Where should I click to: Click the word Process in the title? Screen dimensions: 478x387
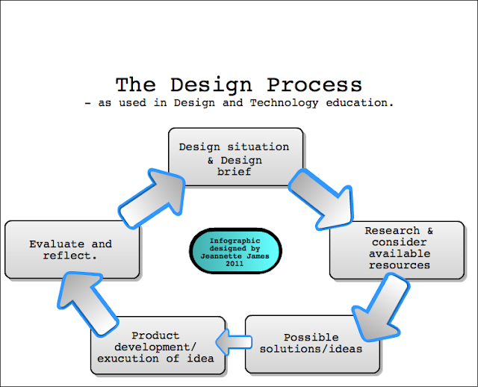coord(314,84)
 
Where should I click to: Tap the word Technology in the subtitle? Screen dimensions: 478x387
coord(284,103)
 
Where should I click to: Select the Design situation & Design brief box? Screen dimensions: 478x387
coord(235,157)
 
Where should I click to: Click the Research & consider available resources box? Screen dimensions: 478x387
coord(397,250)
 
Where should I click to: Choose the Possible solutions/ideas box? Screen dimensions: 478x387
coord(312,344)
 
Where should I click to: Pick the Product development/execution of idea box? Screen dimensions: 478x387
coord(158,345)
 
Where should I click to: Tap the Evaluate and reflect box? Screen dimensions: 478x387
coord(72,250)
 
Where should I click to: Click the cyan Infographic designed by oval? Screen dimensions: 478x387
coord(235,251)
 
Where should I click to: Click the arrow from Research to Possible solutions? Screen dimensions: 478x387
coord(379,308)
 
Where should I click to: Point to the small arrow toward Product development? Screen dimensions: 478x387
coord(234,342)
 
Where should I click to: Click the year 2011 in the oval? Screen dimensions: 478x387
coord(235,264)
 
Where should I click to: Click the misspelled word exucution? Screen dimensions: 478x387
coord(128,359)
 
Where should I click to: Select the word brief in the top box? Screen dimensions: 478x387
coord(234,172)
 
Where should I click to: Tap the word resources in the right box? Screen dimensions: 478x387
coord(400,265)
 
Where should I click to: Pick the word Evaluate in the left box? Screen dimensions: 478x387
coord(57,244)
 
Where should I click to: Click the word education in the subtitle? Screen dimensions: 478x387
coord(360,103)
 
